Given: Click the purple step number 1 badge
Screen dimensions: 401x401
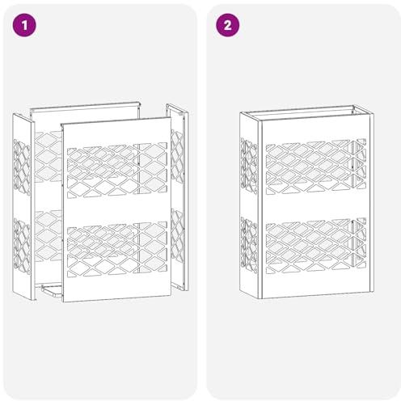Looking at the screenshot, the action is click(24, 25).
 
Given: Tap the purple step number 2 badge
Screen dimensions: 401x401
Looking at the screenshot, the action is click(228, 25).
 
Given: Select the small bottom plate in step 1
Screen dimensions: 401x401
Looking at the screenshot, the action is click(52, 291).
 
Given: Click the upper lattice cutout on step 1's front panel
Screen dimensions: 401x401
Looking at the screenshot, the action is click(117, 170).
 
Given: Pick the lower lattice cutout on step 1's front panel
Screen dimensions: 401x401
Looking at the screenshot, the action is click(117, 249).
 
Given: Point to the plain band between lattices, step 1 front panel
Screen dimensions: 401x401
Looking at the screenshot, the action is click(116, 209).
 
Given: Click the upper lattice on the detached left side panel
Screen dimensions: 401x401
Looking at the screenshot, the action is click(22, 167).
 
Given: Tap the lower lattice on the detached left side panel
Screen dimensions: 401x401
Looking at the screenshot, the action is click(22, 246).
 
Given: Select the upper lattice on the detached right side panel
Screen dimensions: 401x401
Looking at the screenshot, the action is click(177, 157).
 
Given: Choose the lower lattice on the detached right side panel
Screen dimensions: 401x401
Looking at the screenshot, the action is click(177, 235).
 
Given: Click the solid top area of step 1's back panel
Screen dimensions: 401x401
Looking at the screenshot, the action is click(85, 118).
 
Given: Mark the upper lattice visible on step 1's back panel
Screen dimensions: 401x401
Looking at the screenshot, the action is click(49, 157).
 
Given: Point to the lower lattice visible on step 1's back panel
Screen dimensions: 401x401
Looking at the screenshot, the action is click(49, 236).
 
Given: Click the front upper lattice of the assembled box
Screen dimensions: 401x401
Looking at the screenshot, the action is click(316, 167).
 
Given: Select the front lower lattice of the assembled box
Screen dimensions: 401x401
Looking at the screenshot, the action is click(316, 246).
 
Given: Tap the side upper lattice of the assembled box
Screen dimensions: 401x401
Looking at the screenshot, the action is click(249, 166).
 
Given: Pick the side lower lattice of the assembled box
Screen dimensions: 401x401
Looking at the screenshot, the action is click(249, 246).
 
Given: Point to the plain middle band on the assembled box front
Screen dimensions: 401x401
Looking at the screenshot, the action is click(316, 207).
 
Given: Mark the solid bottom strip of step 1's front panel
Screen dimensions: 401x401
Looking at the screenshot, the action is click(116, 289).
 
